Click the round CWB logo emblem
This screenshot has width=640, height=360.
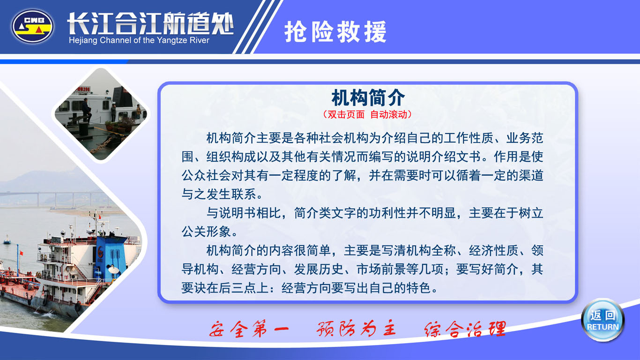(x=32, y=26)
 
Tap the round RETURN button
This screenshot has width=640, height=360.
(x=603, y=321)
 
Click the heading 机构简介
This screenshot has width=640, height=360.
(x=368, y=98)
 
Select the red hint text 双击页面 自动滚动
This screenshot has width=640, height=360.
(x=367, y=115)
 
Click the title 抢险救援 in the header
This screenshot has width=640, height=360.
(x=335, y=32)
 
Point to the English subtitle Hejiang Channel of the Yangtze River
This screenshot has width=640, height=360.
(x=139, y=40)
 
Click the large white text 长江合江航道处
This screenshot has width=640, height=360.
(x=150, y=23)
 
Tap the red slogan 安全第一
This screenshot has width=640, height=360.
(x=249, y=329)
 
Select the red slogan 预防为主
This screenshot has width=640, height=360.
(x=356, y=329)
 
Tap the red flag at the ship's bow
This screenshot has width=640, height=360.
(x=21, y=253)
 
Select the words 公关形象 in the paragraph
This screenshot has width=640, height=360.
(x=206, y=232)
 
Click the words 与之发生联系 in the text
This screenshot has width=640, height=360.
(x=219, y=195)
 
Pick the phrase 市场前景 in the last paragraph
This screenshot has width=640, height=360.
(x=381, y=270)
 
